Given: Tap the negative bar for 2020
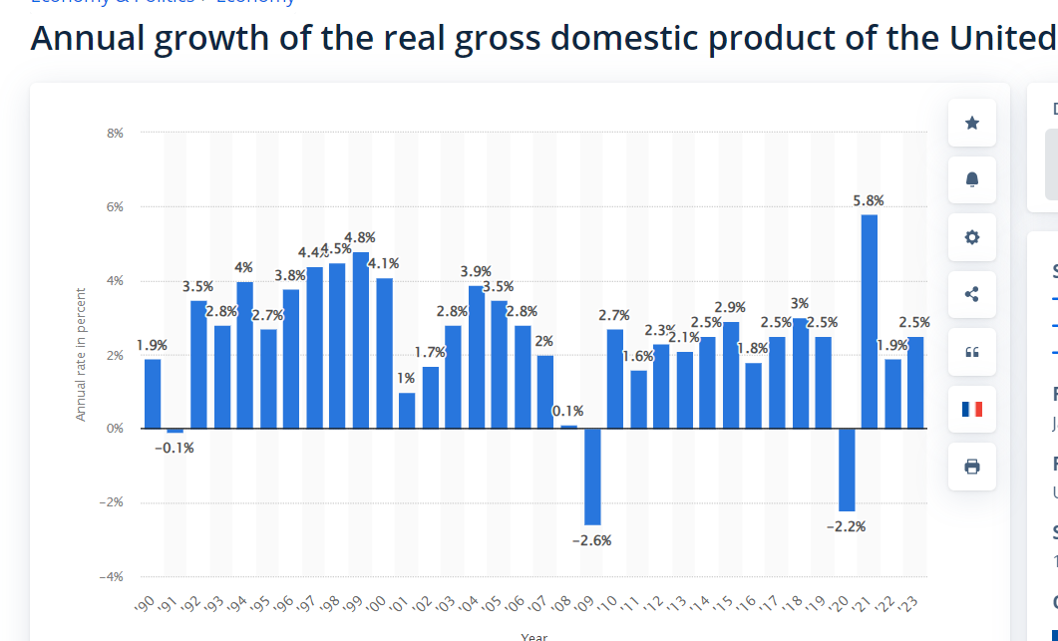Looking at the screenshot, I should click(847, 469).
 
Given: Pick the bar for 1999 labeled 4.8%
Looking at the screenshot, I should click(361, 340).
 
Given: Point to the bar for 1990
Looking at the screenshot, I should click(153, 394).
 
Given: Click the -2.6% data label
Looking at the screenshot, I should click(591, 540).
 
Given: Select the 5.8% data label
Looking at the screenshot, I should click(869, 200).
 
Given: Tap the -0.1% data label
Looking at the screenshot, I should click(175, 448).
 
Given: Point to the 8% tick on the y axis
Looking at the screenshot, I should click(116, 133).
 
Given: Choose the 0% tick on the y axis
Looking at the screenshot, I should click(116, 429).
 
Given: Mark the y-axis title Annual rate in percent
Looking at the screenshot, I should click(81, 354).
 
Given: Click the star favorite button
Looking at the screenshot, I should click(972, 123).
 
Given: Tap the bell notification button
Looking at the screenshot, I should click(972, 179).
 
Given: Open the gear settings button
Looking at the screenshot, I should click(972, 237).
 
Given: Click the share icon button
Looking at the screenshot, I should click(972, 294).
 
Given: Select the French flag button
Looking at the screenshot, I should click(972, 409).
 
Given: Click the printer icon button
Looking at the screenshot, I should click(972, 466).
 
